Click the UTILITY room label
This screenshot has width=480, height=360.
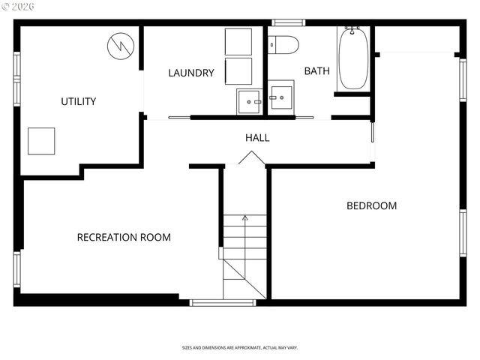coord(78,101)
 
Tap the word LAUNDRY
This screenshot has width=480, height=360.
coord(191,73)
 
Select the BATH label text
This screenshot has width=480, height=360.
coord(316,71)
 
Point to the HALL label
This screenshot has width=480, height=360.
coord(257,138)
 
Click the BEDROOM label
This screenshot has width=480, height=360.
coord(371,205)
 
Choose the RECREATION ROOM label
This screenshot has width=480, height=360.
coord(124,237)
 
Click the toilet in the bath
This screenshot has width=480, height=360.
coord(283,44)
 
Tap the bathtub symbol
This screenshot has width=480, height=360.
coord(352,58)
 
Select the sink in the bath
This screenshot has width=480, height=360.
coord(282,97)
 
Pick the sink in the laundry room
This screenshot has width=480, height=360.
coord(249,100)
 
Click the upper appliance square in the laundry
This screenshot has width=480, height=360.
coord(239,42)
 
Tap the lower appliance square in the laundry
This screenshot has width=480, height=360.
coord(239,70)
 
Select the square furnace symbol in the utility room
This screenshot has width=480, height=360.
coord(41,140)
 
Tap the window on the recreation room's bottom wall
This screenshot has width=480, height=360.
coord(212,303)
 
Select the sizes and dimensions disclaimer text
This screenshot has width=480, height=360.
coord(240,348)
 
